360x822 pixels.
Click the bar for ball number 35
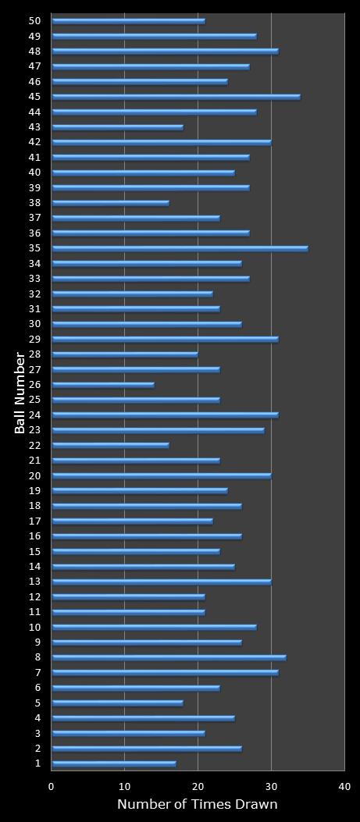point(180,248)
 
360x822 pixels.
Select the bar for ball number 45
point(176,97)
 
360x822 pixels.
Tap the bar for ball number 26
point(103,384)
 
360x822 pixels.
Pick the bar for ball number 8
point(169,657)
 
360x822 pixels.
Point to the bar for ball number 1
point(114,763)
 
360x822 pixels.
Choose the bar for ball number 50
point(128,21)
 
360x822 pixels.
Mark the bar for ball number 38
point(110,203)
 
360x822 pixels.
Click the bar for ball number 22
point(110,445)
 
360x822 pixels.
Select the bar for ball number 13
point(162,582)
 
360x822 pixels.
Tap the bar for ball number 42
point(162,142)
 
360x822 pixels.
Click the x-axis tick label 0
point(52,787)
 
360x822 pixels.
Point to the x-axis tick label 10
point(125,787)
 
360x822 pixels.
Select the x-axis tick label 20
point(198,787)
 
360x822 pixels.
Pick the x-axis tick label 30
point(271,787)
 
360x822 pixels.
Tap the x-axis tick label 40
point(344,787)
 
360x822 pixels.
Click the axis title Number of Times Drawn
point(198,805)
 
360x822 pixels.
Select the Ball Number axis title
point(20,393)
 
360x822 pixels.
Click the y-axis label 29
point(35,340)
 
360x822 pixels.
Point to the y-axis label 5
point(37,703)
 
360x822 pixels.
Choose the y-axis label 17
point(35,521)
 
